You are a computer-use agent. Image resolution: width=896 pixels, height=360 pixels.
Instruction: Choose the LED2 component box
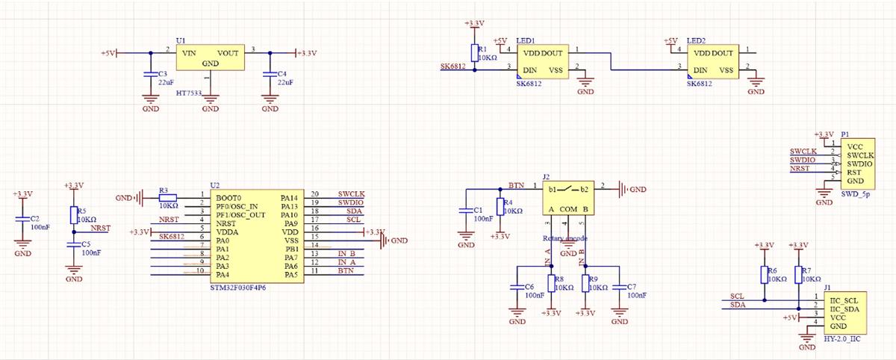click(715, 62)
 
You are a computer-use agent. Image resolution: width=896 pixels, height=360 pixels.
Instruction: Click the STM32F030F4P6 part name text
click(238, 288)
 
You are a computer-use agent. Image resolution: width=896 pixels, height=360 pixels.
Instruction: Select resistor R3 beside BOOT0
click(168, 198)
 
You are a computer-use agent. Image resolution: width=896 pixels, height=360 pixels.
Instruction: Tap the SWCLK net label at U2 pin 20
click(351, 194)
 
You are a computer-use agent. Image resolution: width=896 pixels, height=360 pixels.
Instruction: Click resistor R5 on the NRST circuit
click(73, 215)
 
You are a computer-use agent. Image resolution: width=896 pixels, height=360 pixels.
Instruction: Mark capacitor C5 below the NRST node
click(73, 245)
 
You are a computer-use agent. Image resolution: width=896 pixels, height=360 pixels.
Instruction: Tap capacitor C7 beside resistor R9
click(619, 287)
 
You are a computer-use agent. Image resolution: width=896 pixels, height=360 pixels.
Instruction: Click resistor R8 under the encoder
click(551, 283)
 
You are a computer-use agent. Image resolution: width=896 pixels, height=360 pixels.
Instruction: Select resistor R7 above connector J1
click(798, 274)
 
